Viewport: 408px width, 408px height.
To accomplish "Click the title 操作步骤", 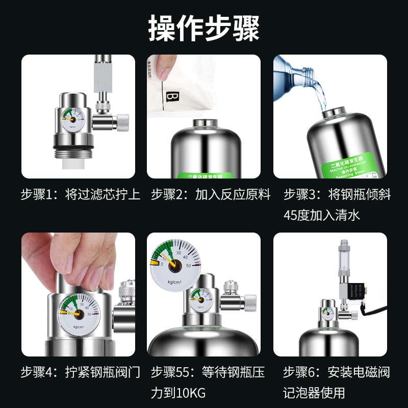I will coord(203,28).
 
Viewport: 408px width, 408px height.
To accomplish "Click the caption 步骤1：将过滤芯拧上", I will coord(80,195).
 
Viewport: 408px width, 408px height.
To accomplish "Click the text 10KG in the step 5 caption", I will coord(190,393).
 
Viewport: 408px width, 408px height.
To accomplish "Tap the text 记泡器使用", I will coord(314,393).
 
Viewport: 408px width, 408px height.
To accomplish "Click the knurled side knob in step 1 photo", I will coord(122,121).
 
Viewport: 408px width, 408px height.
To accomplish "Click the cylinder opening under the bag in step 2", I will coord(204,124).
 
